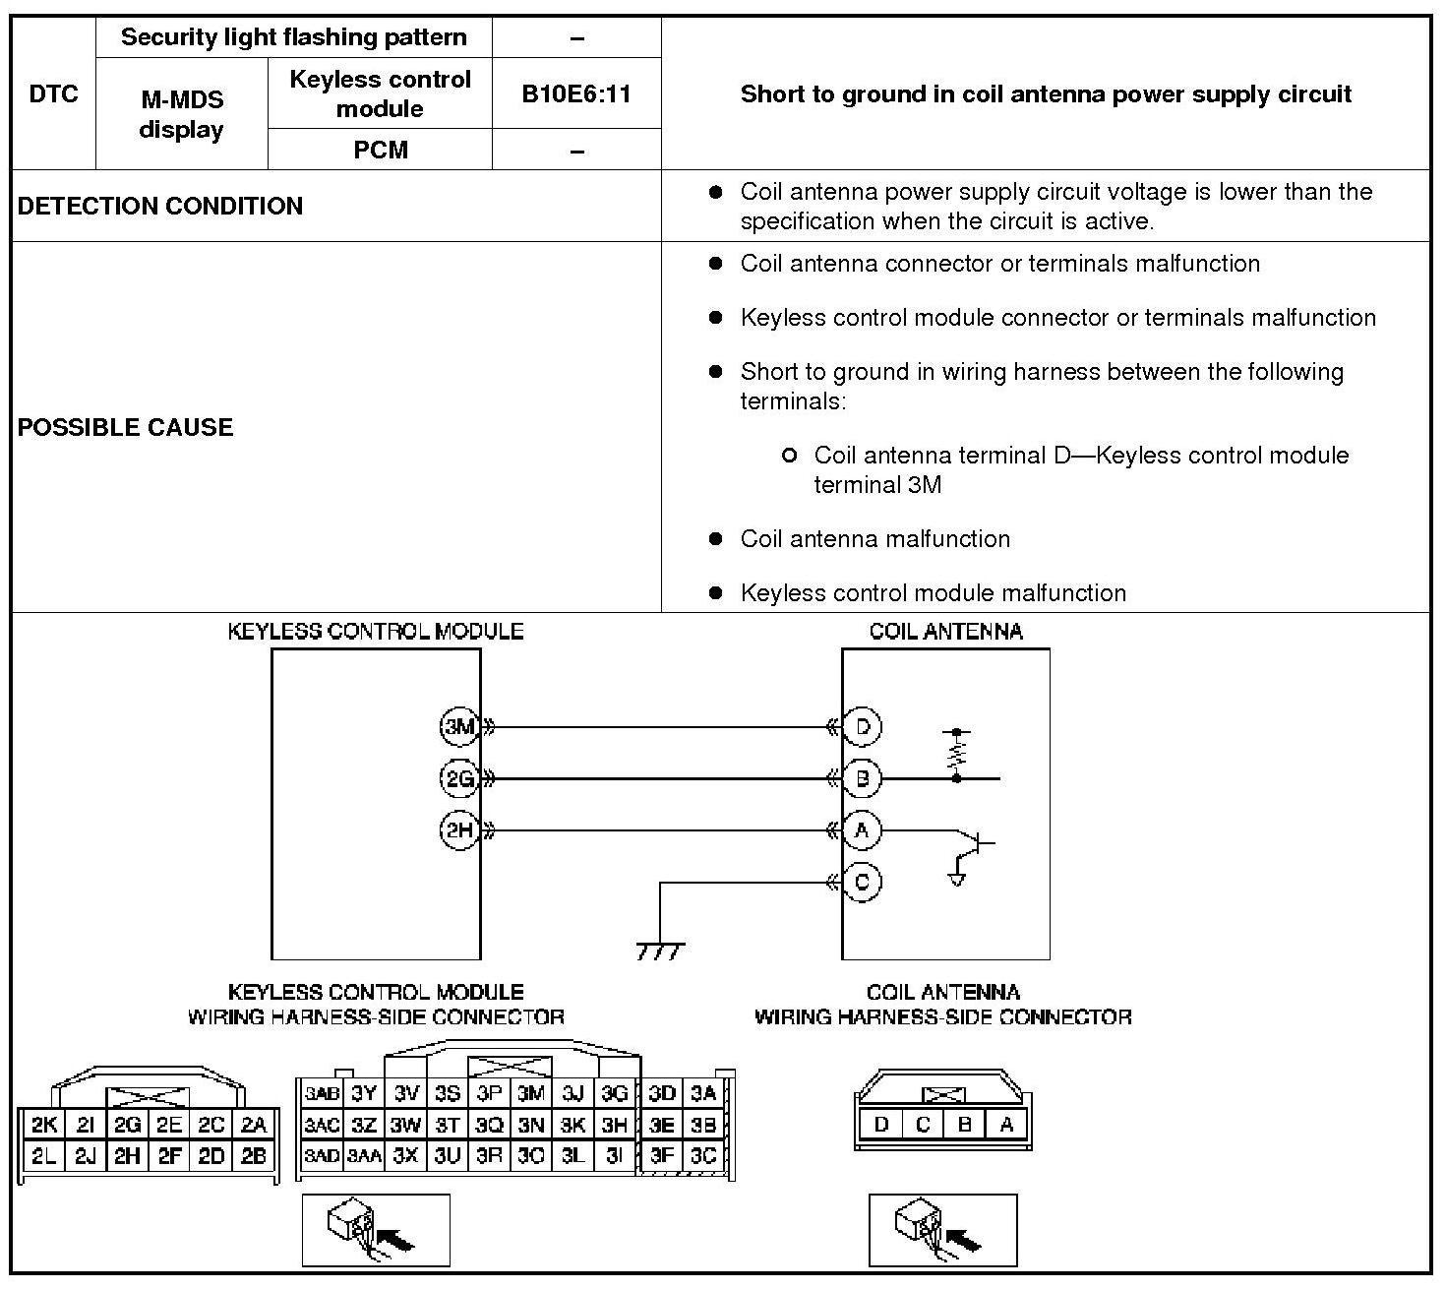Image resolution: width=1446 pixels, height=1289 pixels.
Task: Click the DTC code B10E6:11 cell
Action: (x=576, y=93)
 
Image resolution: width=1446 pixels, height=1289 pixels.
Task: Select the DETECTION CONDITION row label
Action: (x=160, y=206)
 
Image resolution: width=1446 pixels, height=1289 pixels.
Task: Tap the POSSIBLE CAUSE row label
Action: (x=126, y=427)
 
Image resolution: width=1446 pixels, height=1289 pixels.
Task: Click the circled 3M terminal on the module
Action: (x=458, y=727)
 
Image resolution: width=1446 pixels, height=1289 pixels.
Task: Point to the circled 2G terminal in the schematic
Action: (x=458, y=779)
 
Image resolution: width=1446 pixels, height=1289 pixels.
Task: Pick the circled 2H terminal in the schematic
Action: (x=458, y=830)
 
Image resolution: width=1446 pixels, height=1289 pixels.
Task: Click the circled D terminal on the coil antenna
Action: (x=863, y=727)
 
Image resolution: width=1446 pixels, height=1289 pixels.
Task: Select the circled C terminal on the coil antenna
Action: (x=863, y=882)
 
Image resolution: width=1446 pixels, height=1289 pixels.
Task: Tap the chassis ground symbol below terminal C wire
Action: (x=660, y=951)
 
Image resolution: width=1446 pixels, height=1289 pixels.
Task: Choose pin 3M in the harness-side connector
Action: (x=531, y=1093)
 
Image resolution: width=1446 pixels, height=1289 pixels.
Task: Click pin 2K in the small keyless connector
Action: (x=43, y=1126)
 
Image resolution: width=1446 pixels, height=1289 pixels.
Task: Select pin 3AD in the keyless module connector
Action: (x=321, y=1156)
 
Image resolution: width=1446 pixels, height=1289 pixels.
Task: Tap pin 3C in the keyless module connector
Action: (x=703, y=1156)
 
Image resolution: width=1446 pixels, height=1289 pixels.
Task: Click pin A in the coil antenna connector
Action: (x=1006, y=1125)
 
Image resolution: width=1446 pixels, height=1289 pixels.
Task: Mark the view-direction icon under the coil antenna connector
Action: (x=942, y=1230)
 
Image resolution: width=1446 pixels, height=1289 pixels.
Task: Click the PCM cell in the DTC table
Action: (x=380, y=150)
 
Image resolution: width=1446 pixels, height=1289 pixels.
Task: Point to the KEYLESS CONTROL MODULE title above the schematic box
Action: (x=375, y=632)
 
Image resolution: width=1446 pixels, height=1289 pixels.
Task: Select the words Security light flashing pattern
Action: (x=293, y=37)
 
